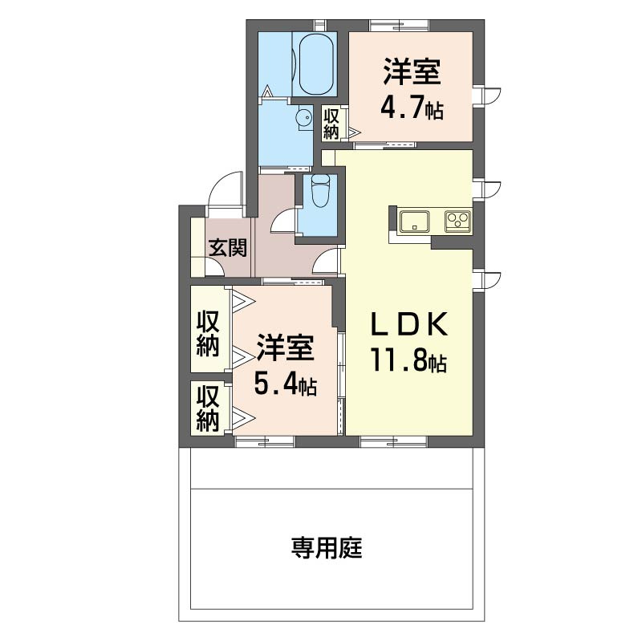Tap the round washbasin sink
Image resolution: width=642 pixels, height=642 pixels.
[x=303, y=119]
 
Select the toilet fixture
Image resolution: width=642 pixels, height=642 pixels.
[x=319, y=193]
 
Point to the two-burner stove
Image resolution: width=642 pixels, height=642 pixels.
[x=457, y=220]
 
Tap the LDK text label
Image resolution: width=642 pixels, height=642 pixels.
[x=408, y=324]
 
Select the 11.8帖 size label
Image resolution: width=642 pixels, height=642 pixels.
[x=407, y=361]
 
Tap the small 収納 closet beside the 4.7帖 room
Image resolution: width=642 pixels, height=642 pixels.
[x=332, y=124]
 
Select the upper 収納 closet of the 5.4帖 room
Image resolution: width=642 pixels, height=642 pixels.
[x=208, y=333]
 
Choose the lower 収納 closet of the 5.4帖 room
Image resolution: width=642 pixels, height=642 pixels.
[x=208, y=408]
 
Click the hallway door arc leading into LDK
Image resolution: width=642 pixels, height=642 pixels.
[x=327, y=262]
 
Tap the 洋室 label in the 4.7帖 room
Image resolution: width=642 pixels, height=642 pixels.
[x=412, y=74]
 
